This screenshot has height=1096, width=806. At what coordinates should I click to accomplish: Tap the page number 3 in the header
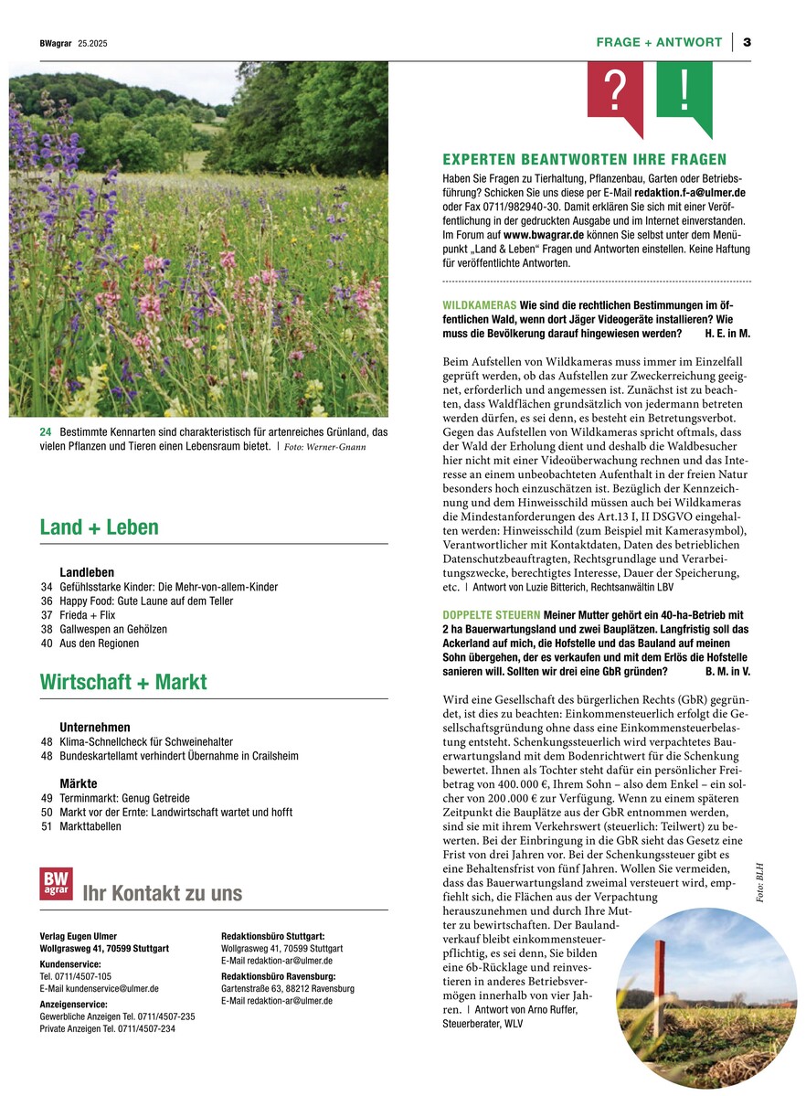(747, 42)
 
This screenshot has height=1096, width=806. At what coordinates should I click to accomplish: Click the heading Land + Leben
(99, 527)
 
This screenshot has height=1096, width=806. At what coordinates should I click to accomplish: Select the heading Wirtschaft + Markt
(123, 682)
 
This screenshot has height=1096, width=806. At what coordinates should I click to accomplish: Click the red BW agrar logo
(56, 884)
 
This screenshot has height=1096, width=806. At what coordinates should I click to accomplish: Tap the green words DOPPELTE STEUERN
(491, 614)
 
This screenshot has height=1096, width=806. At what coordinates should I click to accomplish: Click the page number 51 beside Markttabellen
(47, 826)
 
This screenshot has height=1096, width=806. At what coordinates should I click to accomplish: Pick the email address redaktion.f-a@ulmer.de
(692, 193)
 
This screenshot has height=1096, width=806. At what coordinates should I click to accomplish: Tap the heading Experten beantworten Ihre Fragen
(584, 160)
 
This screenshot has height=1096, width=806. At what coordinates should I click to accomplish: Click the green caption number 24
(46, 431)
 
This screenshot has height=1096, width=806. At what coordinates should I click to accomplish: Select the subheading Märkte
(78, 784)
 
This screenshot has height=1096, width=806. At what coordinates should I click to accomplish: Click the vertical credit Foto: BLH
(758, 883)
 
